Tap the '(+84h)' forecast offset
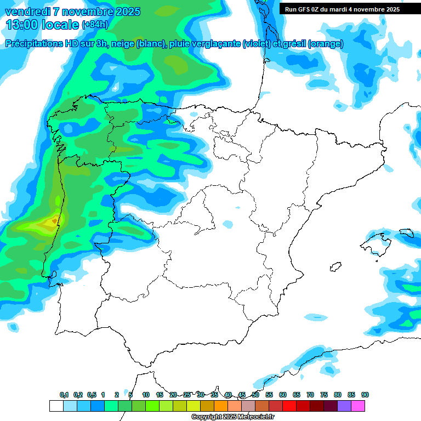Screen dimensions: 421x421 [95, 25]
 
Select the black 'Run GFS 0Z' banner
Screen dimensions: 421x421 [342, 9]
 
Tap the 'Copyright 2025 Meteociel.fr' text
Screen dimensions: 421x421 [232, 417]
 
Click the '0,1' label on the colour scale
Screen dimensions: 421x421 [64, 395]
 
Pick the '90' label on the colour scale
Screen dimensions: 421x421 [365, 395]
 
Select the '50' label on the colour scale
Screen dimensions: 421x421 [255, 395]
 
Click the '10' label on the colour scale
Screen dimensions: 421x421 [146, 395]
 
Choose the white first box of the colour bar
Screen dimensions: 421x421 [56, 406]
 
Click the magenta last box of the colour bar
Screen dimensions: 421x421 [358, 406]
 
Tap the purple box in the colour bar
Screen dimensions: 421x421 [344, 406]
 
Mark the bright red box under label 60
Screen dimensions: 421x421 [276, 406]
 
